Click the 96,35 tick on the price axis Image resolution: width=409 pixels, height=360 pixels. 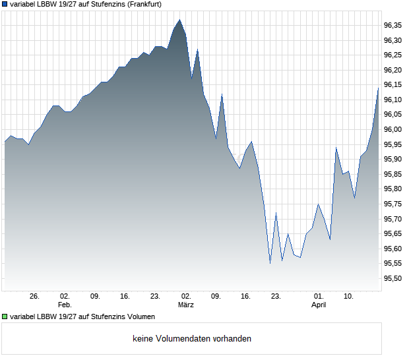[393, 25]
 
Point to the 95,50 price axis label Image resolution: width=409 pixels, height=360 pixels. [393, 279]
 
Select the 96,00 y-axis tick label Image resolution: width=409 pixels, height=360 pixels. [393, 130]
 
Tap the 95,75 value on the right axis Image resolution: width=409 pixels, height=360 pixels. [393, 204]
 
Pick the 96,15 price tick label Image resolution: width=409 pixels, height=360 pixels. [393, 85]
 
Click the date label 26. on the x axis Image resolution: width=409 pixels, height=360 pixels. [35, 296]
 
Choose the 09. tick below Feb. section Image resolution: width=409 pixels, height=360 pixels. [95, 296]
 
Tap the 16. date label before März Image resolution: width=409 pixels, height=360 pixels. [125, 296]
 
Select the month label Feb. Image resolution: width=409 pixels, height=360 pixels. [65, 305]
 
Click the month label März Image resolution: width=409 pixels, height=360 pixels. [186, 305]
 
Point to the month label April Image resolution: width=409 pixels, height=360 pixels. [319, 305]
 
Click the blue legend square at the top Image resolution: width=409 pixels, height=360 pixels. [5, 4]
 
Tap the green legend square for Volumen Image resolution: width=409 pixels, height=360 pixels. [5, 316]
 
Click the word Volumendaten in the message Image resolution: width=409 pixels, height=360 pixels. [184, 339]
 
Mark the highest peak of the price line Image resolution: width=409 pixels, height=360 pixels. [180, 20]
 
